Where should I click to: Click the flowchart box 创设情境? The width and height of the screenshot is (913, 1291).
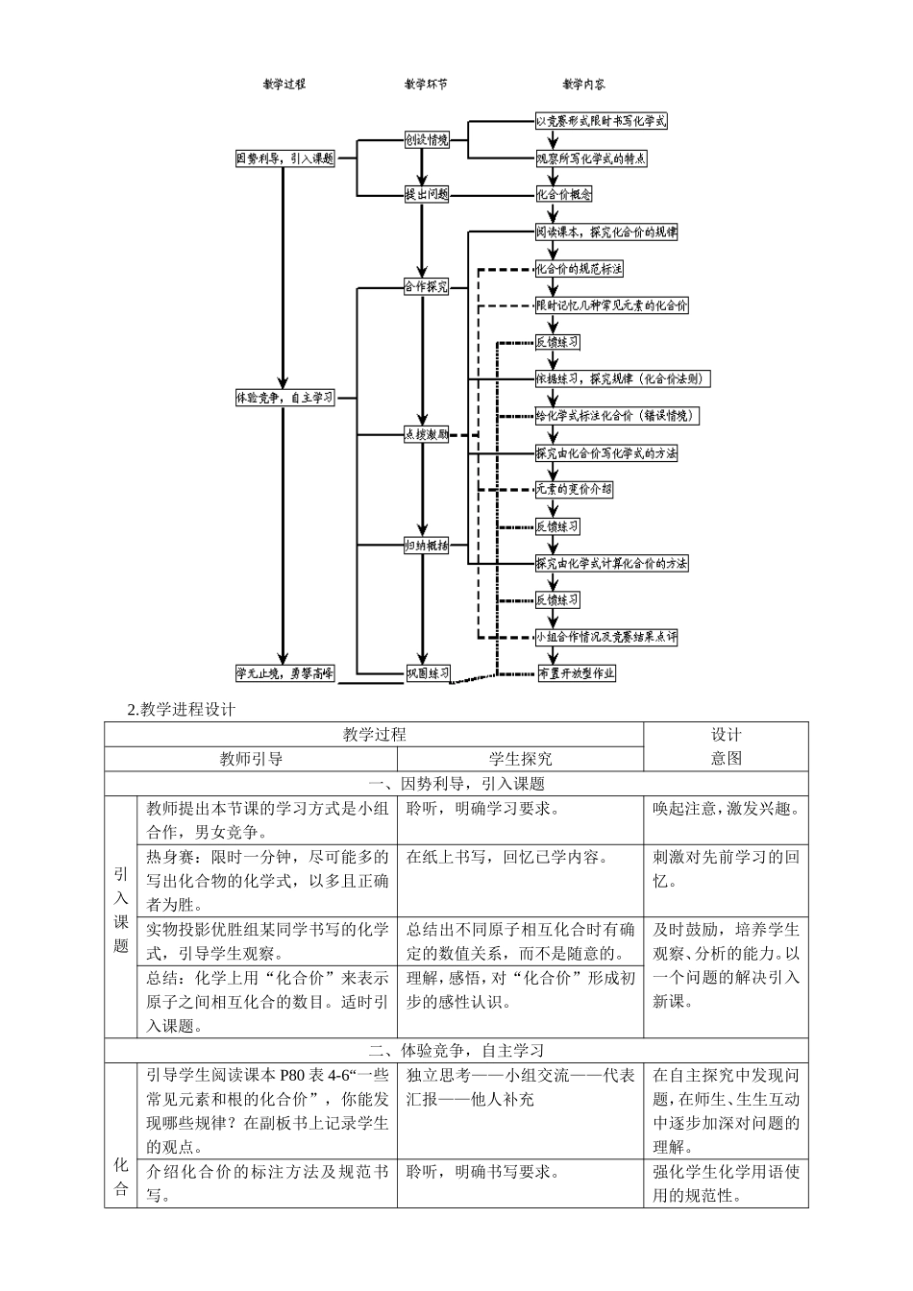pos(426,140)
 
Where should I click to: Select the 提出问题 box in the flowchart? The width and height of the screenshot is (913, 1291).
pos(426,194)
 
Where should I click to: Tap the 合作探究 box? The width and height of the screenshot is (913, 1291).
pos(426,286)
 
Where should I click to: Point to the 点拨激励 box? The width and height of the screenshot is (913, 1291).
pos(426,434)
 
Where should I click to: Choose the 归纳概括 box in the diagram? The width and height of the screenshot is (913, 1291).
pos(426,545)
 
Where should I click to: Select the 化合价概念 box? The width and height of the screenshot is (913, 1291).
pos(564,194)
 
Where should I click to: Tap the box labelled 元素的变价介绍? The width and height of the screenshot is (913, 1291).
pos(574,489)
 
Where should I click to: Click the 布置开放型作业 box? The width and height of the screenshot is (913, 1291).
pos(577,673)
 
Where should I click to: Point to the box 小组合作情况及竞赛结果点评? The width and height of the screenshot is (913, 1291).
pos(606,636)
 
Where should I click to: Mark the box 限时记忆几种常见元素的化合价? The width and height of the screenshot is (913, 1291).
pos(612,305)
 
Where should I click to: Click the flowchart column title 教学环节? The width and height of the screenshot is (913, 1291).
pos(425,85)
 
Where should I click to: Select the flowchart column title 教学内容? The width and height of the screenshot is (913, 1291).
pos(583,85)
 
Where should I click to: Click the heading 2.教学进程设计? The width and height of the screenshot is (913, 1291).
pos(181,710)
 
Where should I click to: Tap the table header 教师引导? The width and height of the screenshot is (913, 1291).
pos(251,759)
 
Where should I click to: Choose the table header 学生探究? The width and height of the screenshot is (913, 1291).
pos(520,759)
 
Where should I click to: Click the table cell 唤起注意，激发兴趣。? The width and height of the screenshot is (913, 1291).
pos(726,809)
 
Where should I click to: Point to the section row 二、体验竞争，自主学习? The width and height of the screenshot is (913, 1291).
pos(456,1051)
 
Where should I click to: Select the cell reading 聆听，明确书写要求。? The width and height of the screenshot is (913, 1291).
pos(483,1172)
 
